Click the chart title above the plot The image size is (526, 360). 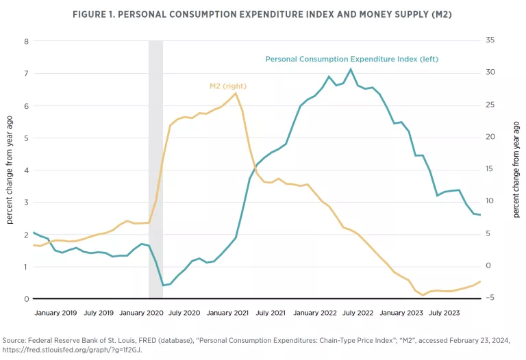[263, 15]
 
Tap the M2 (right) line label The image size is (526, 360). [227, 86]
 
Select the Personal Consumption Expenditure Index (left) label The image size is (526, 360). [351, 60]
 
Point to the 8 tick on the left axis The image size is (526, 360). [27, 41]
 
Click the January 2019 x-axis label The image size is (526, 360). [55, 312]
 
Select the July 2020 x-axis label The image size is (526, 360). [184, 312]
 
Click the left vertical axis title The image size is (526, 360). [10, 170]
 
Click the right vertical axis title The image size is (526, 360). [516, 170]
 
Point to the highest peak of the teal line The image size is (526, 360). [351, 69]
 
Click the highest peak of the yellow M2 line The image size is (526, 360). [236, 92]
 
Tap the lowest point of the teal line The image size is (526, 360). [163, 285]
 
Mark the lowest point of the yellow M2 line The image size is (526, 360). [423, 295]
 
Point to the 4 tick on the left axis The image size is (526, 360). [27, 170]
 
